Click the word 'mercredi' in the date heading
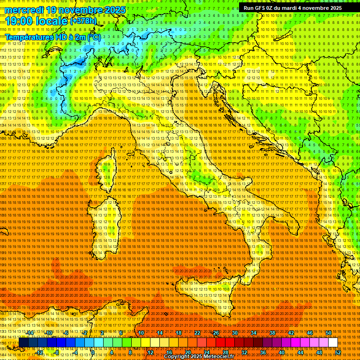[23, 10]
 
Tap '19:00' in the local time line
[18, 21]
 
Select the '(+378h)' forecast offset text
[83, 21]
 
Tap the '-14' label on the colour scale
[30, 333]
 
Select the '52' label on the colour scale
[338, 352]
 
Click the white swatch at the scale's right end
[333, 343]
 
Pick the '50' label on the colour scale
[329, 333]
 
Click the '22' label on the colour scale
[197, 333]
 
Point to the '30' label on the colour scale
[235, 333]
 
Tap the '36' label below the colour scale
[263, 352]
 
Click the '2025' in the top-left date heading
[114, 10]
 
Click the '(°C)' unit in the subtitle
[94, 37]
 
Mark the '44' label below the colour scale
[300, 352]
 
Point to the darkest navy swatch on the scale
[23, 343]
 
